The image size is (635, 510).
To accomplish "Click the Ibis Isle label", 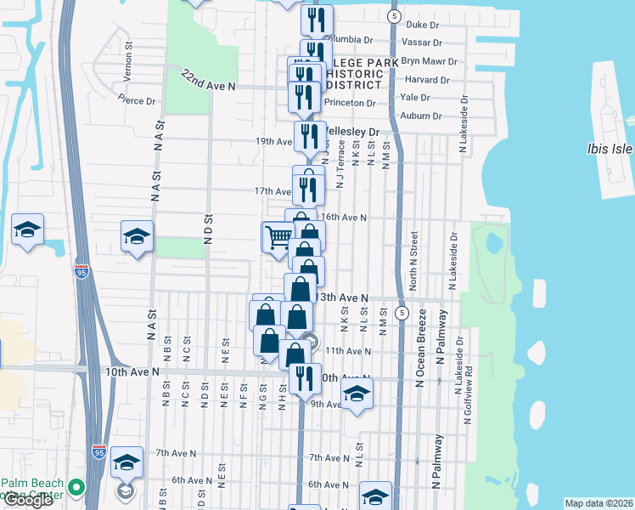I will (x=610, y=149).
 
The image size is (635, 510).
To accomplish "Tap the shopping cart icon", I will (x=278, y=236).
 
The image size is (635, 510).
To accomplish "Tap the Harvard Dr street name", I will (x=433, y=80).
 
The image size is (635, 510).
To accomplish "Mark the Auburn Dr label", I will (x=425, y=116).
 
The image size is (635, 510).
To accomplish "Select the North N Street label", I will (x=414, y=252).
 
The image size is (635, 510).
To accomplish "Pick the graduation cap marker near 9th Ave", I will (x=357, y=394).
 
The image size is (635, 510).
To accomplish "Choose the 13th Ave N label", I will (x=341, y=297).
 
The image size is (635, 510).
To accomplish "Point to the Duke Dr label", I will (x=423, y=25).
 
